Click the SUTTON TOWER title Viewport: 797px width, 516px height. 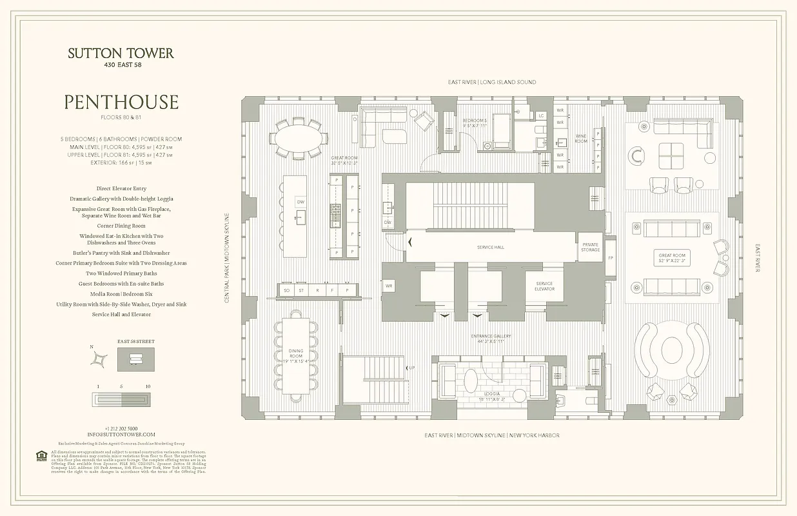[x=121, y=54]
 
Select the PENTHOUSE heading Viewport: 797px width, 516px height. [x=121, y=103]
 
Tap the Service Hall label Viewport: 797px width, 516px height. [x=490, y=247]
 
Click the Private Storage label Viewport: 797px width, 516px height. [x=591, y=247]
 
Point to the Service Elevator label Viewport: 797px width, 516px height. [x=544, y=286]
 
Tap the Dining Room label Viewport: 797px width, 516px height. [x=295, y=354]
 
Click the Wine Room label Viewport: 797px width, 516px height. [x=581, y=138]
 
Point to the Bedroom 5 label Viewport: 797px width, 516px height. [x=475, y=123]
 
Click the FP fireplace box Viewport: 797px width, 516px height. [x=610, y=258]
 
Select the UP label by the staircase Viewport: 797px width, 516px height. [x=411, y=368]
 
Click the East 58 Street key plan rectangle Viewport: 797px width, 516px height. [x=136, y=359]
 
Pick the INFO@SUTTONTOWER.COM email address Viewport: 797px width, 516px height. [x=121, y=435]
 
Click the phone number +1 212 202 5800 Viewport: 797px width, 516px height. [x=121, y=428]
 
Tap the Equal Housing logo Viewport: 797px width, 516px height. [x=41, y=456]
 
